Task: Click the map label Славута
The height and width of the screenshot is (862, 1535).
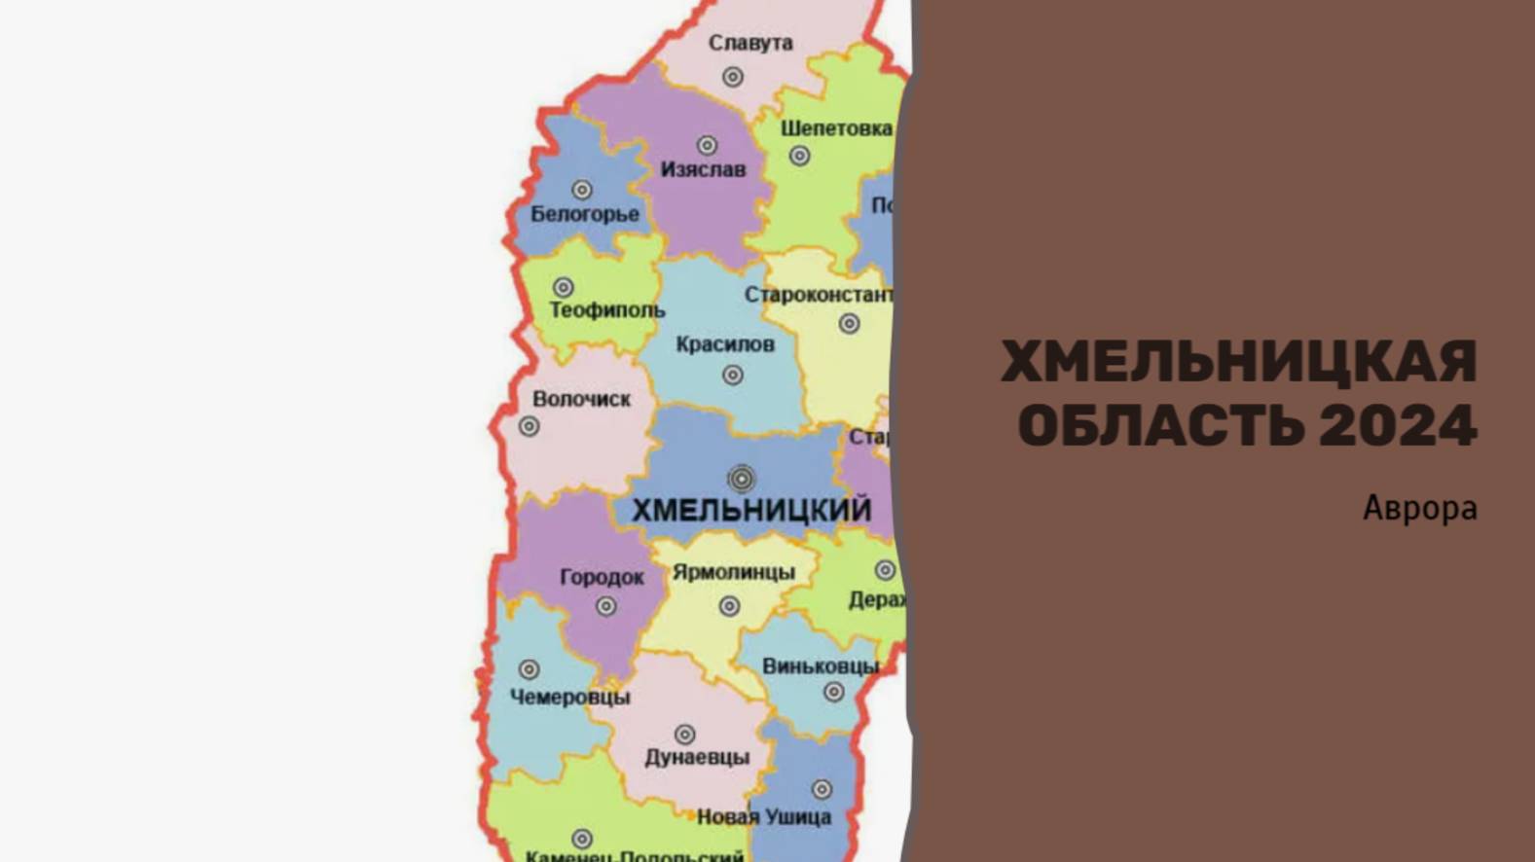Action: [749, 44]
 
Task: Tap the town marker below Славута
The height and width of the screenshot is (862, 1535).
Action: [733, 76]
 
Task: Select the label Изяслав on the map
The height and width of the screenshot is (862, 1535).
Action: [703, 169]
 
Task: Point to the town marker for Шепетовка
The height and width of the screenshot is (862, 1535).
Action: [799, 156]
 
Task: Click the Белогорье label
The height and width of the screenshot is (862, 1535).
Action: [584, 214]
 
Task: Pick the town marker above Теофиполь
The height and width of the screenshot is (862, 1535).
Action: [563, 287]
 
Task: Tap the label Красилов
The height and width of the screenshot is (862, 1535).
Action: [724, 344]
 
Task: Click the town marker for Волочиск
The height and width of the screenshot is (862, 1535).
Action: [529, 426]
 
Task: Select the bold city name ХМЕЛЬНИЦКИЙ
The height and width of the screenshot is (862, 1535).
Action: [751, 510]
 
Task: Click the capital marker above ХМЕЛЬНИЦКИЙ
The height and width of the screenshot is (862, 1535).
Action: [741, 479]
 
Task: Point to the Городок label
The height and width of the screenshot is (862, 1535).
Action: [602, 577]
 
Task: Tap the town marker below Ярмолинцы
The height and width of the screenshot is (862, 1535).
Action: [729, 606]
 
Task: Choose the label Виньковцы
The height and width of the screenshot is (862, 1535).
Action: [820, 666]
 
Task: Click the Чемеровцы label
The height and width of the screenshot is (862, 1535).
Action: [569, 697]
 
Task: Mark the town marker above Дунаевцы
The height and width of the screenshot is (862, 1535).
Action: [684, 734]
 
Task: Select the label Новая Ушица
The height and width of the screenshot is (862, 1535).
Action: [764, 817]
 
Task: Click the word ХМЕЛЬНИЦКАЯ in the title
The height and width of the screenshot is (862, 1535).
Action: [1238, 362]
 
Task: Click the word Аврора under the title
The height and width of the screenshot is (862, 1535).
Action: [1419, 508]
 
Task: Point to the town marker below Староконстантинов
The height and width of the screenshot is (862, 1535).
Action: [849, 323]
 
